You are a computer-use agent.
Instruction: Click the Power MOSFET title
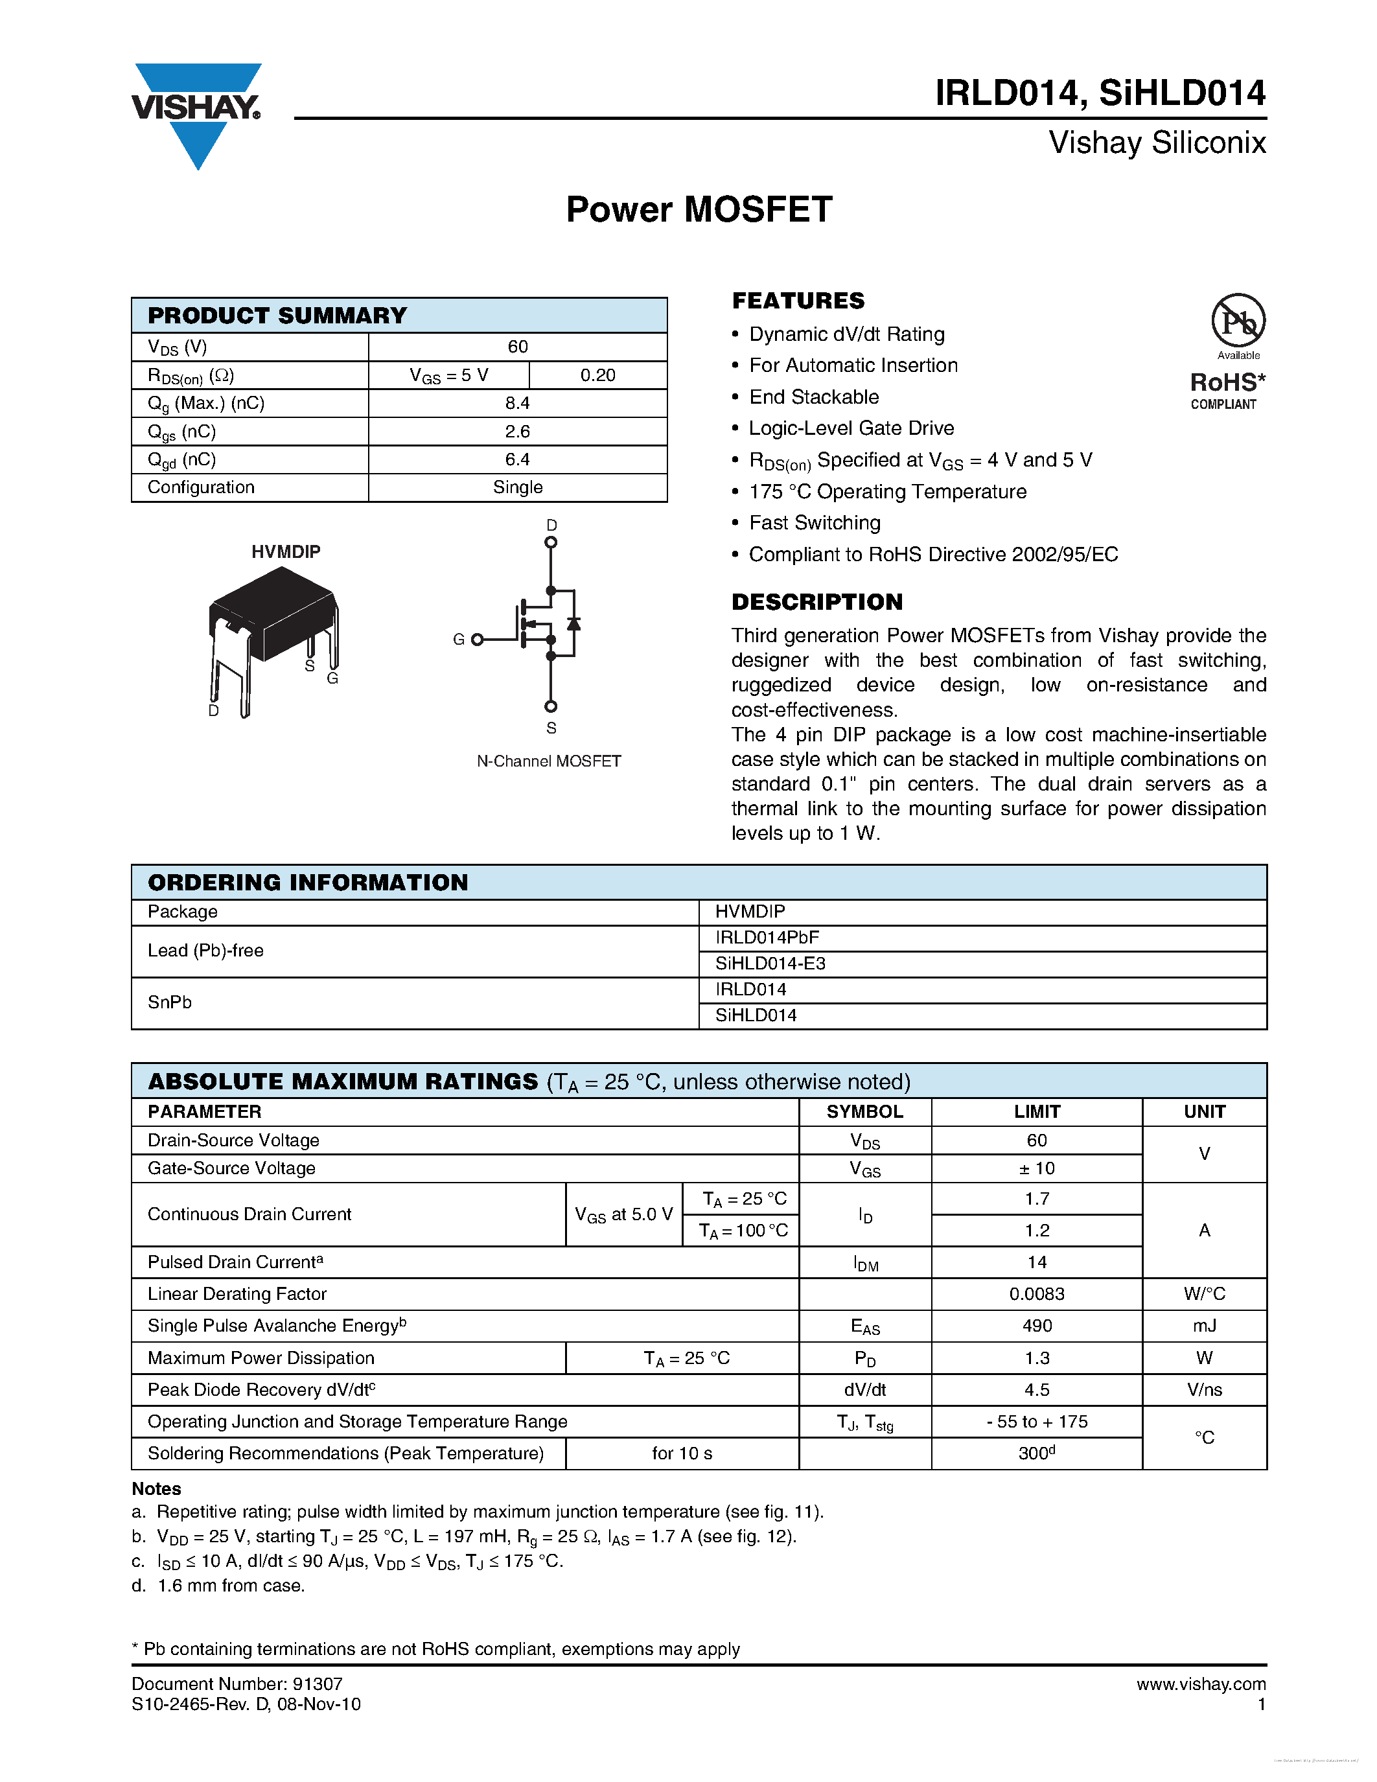coord(699,210)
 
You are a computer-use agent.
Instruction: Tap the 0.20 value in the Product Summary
coord(597,375)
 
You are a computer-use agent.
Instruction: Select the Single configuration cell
coord(517,487)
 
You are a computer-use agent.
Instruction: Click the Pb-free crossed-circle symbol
coord(1238,321)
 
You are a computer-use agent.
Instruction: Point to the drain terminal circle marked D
coord(551,542)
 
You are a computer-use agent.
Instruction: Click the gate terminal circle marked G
coord(477,640)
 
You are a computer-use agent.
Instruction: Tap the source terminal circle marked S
coord(551,706)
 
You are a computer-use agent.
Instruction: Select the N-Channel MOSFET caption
coord(548,761)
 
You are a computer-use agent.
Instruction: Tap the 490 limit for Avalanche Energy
coord(1036,1326)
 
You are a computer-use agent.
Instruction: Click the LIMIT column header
coord(1036,1111)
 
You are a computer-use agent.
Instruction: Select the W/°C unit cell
coord(1204,1294)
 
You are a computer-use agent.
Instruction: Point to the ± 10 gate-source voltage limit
coord(1036,1168)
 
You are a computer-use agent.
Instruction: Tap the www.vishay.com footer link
coord(1200,1684)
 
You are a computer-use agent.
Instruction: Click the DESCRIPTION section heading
coord(816,602)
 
